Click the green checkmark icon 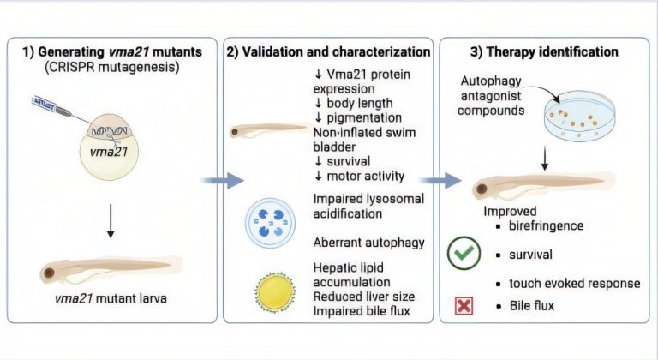[464, 253]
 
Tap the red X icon [464, 306]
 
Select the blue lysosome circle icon [270, 223]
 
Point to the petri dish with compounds [579, 116]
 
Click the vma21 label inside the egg [108, 151]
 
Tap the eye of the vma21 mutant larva [49, 273]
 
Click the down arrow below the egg [111, 221]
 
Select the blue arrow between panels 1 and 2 [223, 181]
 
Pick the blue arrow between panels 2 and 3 [440, 181]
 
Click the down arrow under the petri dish [545, 158]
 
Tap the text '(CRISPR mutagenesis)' [112, 67]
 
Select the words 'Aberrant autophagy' [369, 243]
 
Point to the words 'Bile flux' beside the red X [532, 305]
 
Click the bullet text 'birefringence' [546, 225]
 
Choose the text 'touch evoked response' [575, 284]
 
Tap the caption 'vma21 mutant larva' [111, 298]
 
